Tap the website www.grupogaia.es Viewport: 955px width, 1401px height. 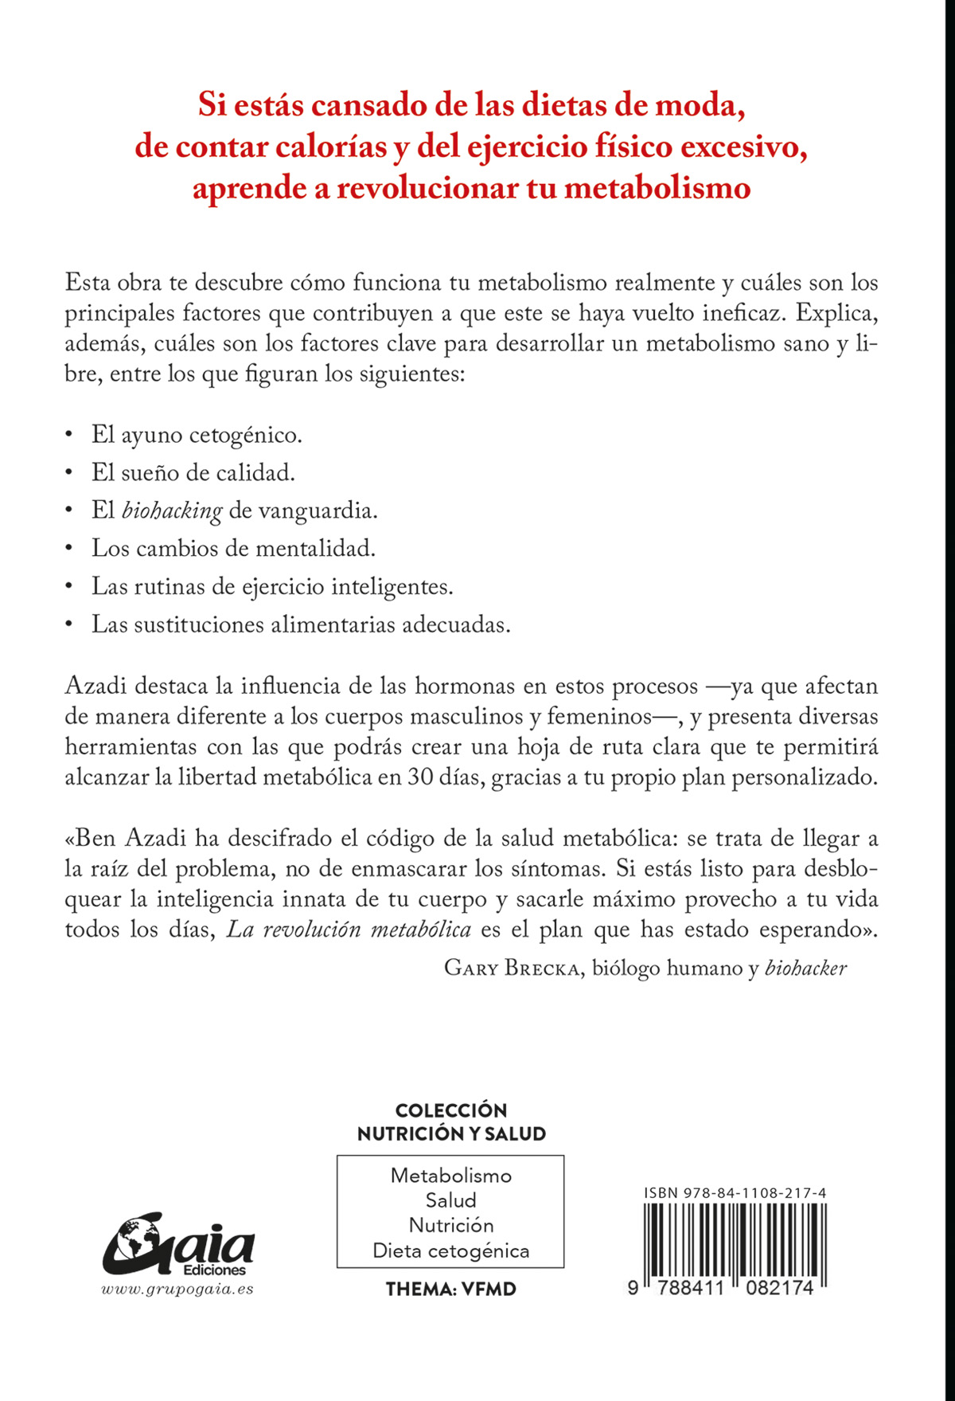point(177,1289)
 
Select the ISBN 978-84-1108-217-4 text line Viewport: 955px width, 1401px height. point(735,1193)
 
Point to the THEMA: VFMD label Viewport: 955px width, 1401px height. point(450,1289)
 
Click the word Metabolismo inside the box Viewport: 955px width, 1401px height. point(450,1176)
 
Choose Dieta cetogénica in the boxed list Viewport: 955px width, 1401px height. point(450,1250)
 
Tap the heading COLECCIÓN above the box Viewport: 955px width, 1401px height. point(450,1110)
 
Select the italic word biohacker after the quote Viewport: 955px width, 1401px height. point(805,969)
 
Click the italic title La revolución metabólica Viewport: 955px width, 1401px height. point(349,929)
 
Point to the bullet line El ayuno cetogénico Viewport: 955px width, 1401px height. point(197,435)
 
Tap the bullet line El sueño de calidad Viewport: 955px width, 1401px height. point(193,472)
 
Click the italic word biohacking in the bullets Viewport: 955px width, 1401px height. point(171,511)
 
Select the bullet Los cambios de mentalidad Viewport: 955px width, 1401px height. point(233,548)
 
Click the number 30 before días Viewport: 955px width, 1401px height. point(421,777)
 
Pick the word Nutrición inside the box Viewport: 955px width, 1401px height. point(450,1225)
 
